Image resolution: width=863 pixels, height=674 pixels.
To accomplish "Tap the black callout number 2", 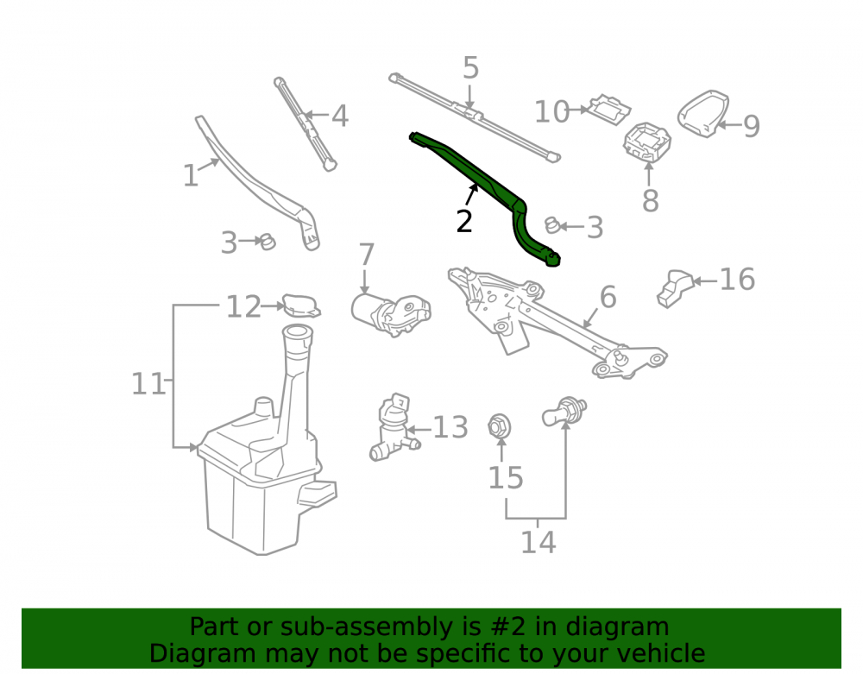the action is (464, 221).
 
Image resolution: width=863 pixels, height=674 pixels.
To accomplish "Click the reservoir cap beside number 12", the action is (301, 306).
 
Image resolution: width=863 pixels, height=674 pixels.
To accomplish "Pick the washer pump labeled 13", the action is (393, 428).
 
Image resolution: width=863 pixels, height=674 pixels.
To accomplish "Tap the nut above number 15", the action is (500, 425).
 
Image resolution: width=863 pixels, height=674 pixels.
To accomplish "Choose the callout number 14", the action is (539, 542).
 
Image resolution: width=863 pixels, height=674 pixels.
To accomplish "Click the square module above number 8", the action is (647, 141).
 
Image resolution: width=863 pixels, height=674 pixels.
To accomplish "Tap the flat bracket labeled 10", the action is (608, 109).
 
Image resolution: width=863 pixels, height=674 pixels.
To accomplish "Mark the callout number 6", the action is (608, 297).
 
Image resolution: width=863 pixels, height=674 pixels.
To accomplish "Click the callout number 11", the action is (148, 383).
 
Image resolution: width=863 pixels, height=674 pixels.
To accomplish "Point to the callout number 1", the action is (191, 175).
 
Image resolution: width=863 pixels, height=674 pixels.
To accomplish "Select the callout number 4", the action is (339, 117).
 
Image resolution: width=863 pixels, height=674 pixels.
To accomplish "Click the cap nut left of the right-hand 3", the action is (552, 225).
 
